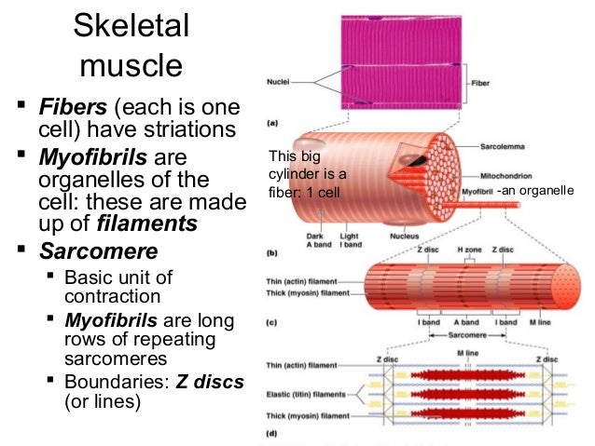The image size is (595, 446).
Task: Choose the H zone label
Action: (x=468, y=250)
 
